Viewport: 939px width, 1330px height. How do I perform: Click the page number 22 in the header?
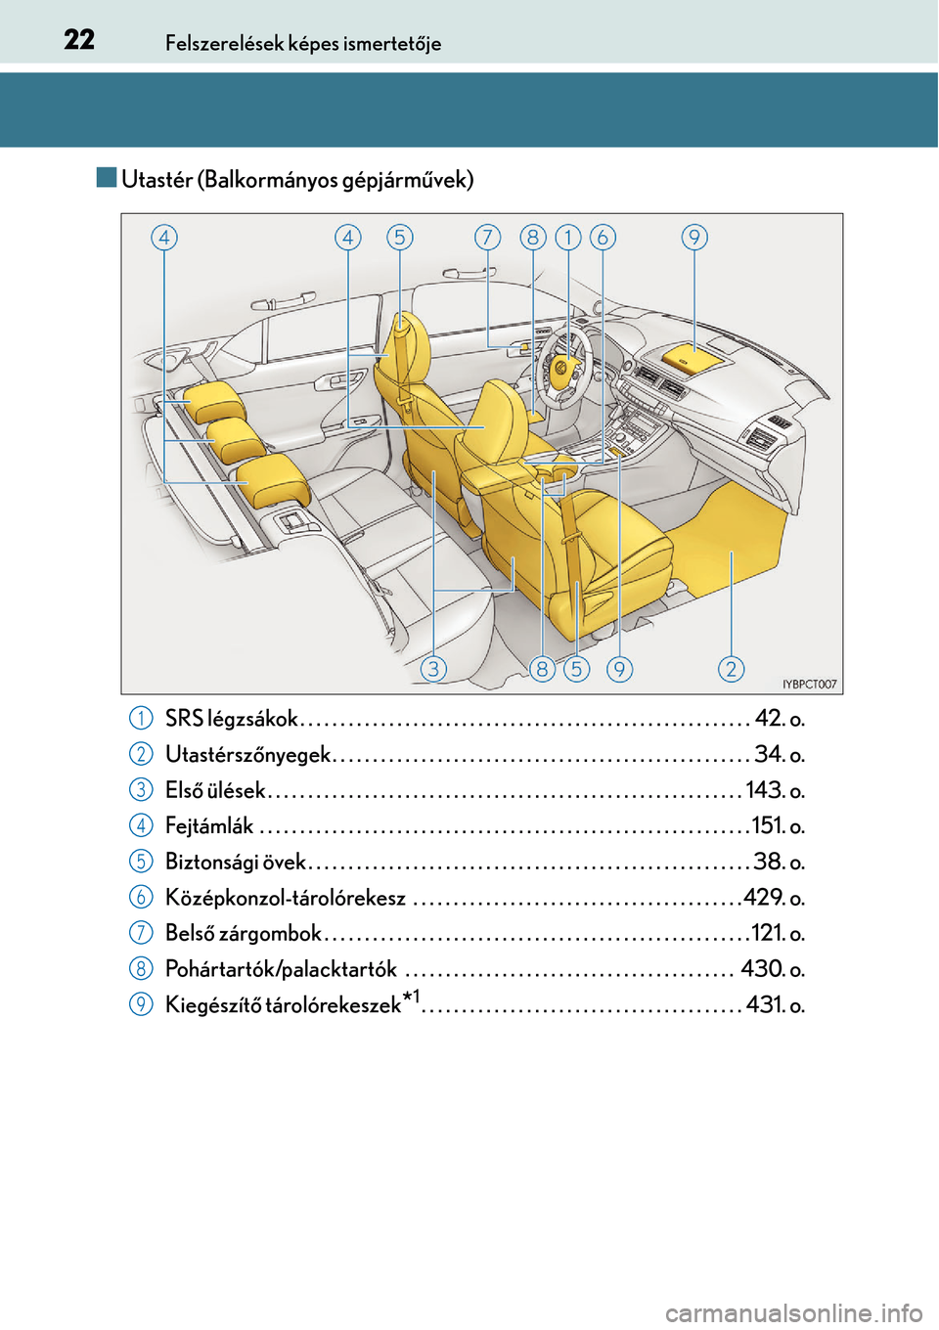(x=79, y=39)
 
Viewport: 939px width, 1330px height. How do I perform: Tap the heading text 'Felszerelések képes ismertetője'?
(x=303, y=43)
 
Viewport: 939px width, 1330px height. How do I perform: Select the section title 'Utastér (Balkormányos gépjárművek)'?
(x=297, y=179)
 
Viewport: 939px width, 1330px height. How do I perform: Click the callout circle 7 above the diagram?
(x=487, y=237)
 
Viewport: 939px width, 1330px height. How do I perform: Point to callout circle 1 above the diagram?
(x=568, y=237)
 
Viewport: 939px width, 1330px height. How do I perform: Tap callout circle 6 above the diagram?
(x=603, y=237)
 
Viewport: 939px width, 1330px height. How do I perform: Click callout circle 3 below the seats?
(x=433, y=668)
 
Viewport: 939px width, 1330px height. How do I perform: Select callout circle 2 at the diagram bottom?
(x=731, y=668)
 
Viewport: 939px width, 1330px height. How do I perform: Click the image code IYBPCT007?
(x=810, y=685)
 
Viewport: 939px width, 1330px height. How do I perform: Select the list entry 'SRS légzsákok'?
(x=232, y=719)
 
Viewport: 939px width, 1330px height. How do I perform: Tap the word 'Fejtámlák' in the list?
(x=209, y=826)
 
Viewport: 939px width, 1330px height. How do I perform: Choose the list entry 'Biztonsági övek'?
(x=236, y=862)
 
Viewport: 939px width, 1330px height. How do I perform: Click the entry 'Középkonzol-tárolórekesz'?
(x=286, y=898)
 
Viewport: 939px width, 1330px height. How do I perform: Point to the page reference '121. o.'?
(x=778, y=933)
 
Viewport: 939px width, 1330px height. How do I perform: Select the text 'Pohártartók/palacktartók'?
(x=281, y=969)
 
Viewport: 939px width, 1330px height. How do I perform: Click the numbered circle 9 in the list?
(x=141, y=1004)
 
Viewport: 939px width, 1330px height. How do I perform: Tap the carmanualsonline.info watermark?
(x=793, y=1312)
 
